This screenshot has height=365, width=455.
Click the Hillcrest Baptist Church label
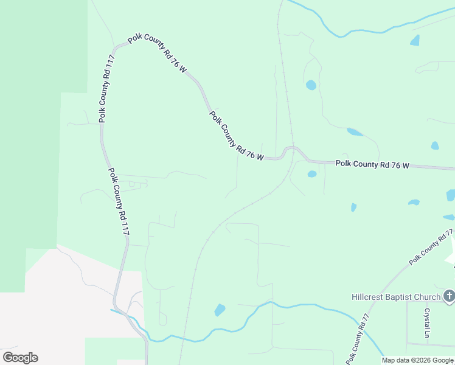click(x=395, y=297)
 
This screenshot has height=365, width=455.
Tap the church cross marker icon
click(x=449, y=297)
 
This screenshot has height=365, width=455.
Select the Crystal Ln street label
click(x=427, y=322)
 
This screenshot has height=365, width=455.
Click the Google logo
click(x=20, y=358)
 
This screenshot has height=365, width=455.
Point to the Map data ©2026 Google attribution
click(x=417, y=360)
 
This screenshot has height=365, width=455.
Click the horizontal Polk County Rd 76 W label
click(x=373, y=164)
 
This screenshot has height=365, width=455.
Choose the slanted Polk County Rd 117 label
click(x=119, y=201)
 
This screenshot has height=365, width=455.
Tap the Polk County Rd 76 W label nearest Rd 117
click(x=158, y=55)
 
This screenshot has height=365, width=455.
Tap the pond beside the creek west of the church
click(x=220, y=310)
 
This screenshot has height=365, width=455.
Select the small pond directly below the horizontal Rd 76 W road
click(x=312, y=174)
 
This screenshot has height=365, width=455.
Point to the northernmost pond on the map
click(x=415, y=41)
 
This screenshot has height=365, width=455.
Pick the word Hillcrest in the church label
click(x=370, y=297)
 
